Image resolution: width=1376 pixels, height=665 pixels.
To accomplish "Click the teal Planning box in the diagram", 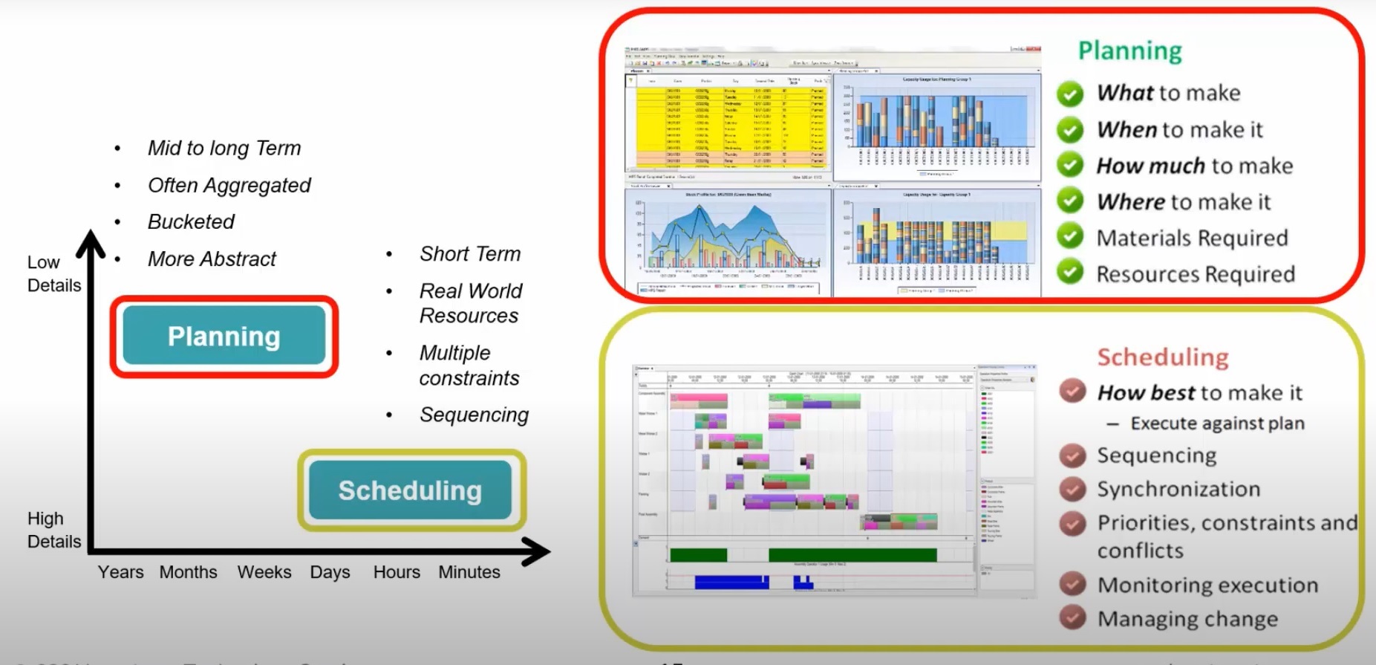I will [x=224, y=336].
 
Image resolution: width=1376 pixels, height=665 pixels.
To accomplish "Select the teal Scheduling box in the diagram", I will [x=410, y=490].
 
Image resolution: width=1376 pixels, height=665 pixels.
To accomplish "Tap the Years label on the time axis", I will [x=120, y=572].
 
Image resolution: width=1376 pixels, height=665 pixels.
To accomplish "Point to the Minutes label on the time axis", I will [x=469, y=572].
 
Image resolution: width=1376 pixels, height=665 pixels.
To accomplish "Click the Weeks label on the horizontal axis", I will [x=264, y=572].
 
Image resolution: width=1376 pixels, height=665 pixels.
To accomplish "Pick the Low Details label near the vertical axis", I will [x=53, y=273].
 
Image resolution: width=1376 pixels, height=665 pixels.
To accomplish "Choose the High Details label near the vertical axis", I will [x=53, y=530].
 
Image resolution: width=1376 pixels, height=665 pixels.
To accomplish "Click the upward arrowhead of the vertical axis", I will [x=91, y=243].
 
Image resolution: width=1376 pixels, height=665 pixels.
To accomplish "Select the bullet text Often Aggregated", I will [x=229, y=185].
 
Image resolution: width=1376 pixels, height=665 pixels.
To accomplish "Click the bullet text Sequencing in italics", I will [x=474, y=415].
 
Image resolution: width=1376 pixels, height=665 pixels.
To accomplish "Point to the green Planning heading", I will [x=1129, y=51].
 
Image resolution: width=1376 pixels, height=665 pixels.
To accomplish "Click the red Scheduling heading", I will [x=1163, y=357].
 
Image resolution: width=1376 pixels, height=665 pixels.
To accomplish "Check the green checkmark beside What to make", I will [x=1070, y=94].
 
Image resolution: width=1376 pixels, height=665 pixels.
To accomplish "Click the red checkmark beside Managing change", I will [x=1072, y=617].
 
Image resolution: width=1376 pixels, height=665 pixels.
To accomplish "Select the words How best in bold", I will [x=1146, y=392].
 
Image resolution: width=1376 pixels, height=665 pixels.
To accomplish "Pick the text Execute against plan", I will [x=1217, y=424].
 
